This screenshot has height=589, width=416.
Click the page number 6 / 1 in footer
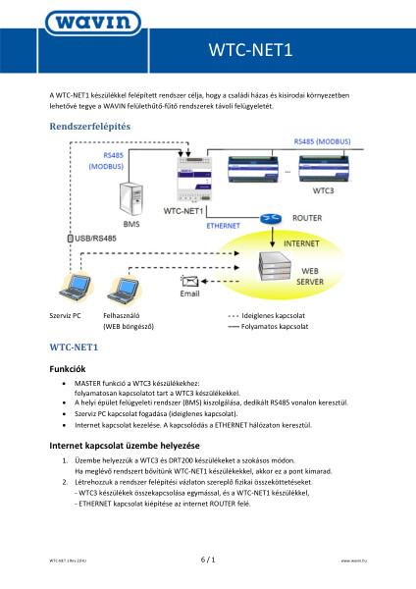[208, 560]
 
